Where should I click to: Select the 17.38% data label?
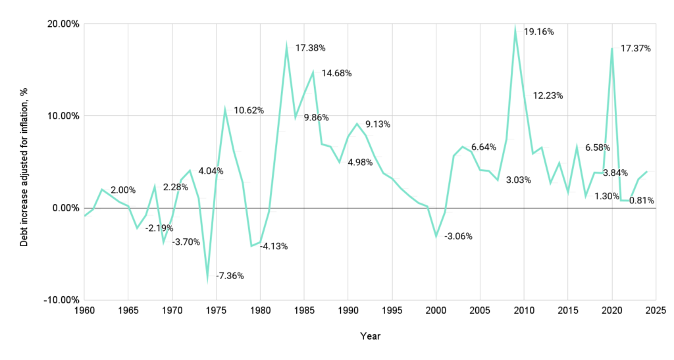click(309, 48)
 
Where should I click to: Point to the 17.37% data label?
click(636, 49)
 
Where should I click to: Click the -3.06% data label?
click(459, 236)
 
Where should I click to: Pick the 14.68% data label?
click(336, 73)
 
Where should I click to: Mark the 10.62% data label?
click(249, 111)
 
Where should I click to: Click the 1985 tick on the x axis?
click(304, 309)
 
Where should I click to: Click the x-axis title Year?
click(370, 336)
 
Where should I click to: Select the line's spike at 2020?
click(612, 49)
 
